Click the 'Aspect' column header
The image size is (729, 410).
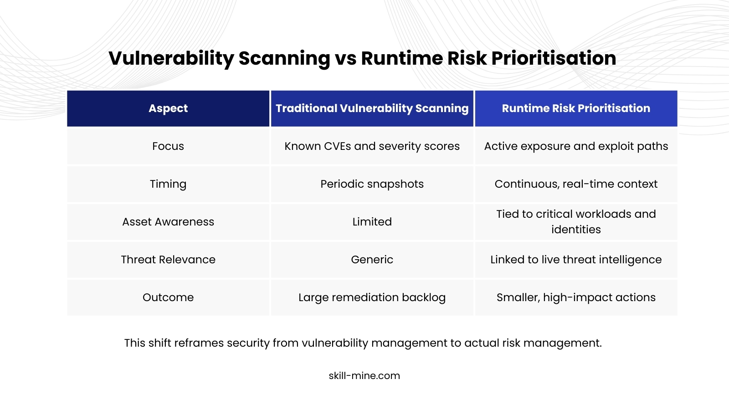168,108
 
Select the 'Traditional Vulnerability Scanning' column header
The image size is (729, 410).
372,108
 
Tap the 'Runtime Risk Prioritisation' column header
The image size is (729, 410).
576,108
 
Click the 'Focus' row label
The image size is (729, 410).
168,146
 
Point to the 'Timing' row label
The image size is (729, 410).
168,184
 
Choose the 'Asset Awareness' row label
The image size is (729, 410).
168,222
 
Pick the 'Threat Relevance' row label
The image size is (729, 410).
168,260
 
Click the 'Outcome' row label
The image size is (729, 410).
168,297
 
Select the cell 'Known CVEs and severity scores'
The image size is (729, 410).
372,146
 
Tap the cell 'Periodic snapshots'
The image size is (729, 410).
372,184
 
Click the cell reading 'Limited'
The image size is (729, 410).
372,222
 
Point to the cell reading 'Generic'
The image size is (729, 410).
372,260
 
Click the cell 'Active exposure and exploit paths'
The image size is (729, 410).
576,146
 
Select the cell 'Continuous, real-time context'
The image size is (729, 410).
576,184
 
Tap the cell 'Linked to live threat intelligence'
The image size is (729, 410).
576,260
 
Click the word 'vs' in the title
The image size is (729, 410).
346,59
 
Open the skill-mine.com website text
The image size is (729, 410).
364,376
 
